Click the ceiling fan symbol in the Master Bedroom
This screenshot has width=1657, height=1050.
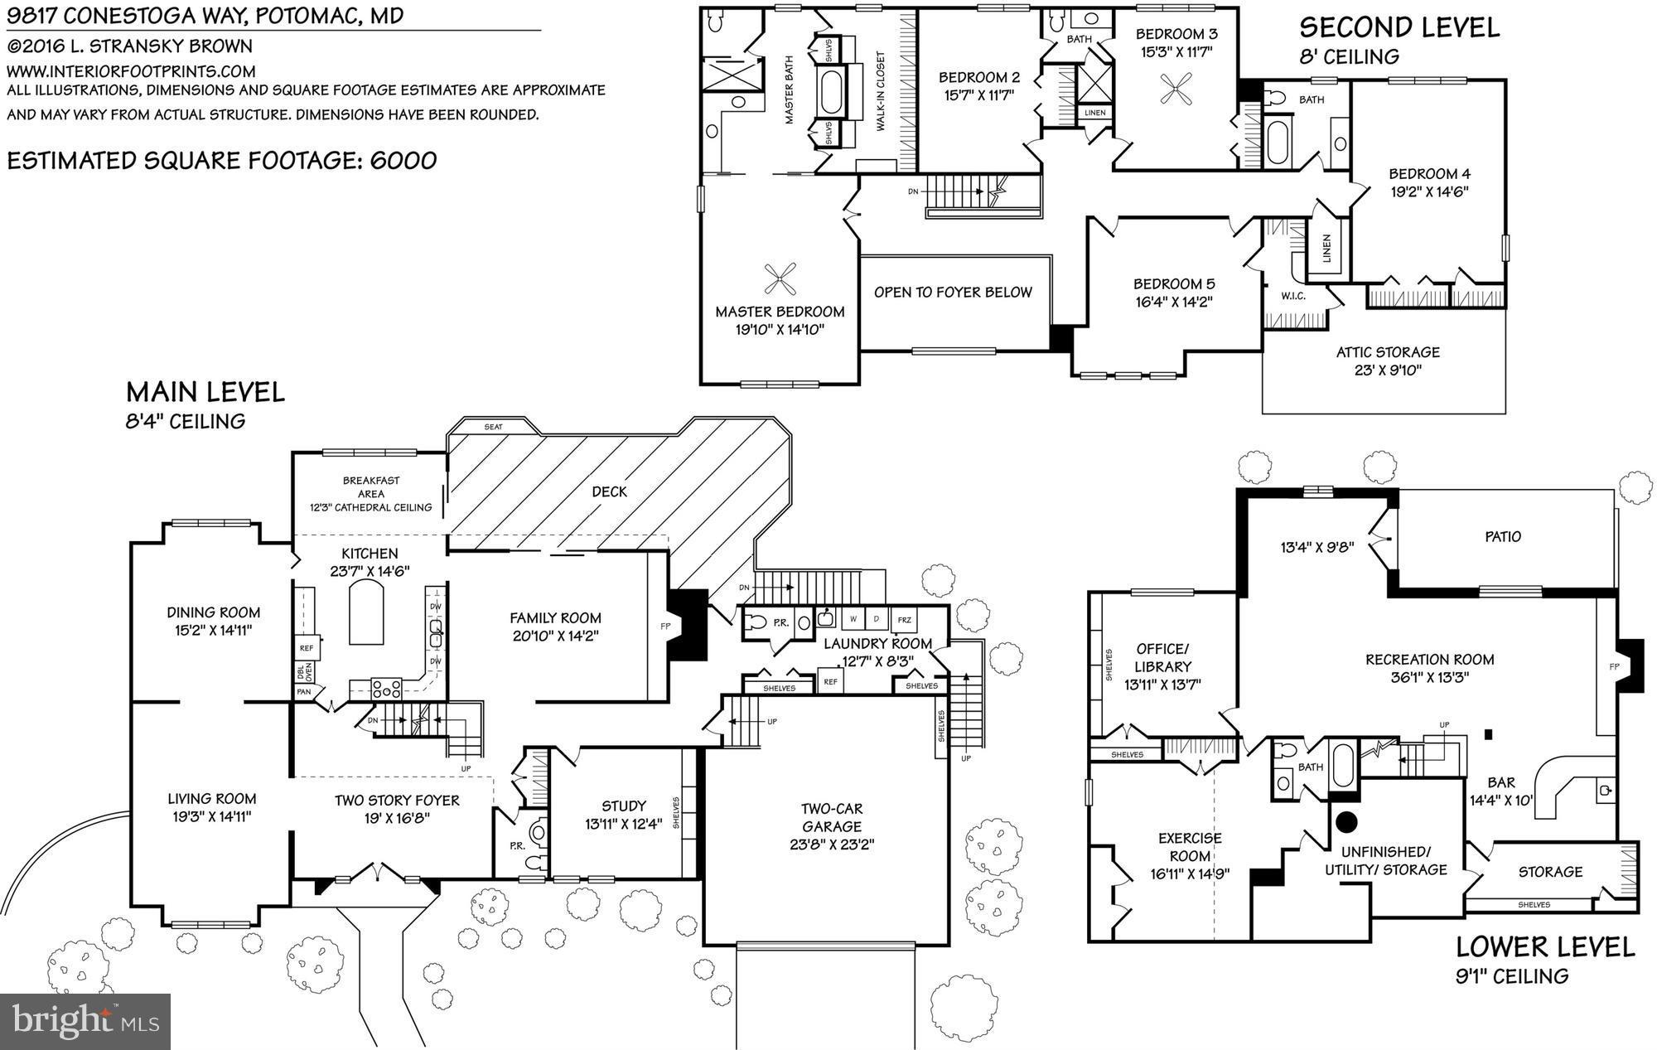click(780, 278)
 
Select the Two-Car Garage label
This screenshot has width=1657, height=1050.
click(832, 817)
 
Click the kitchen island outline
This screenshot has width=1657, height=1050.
click(366, 612)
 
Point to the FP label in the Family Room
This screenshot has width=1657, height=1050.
click(664, 627)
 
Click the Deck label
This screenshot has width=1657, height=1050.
click(609, 491)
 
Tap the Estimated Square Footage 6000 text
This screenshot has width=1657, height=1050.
click(222, 161)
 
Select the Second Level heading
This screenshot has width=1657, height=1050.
click(1399, 27)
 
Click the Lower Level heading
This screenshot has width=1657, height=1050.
click(1545, 946)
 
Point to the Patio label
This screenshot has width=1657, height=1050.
click(1503, 537)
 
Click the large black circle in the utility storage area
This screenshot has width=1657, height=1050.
click(1346, 821)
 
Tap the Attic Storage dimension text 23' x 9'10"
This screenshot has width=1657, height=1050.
click(1388, 370)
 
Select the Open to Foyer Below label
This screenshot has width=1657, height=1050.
click(953, 293)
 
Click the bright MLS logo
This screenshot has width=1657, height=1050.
click(85, 1021)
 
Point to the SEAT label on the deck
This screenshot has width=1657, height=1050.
click(493, 427)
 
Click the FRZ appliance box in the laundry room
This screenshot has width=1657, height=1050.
click(904, 620)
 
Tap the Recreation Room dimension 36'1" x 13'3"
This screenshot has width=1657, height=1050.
click(1430, 678)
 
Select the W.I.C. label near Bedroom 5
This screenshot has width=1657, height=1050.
click(1293, 296)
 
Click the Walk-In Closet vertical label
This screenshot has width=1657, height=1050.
click(881, 92)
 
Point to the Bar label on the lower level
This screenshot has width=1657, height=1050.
click(1501, 782)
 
